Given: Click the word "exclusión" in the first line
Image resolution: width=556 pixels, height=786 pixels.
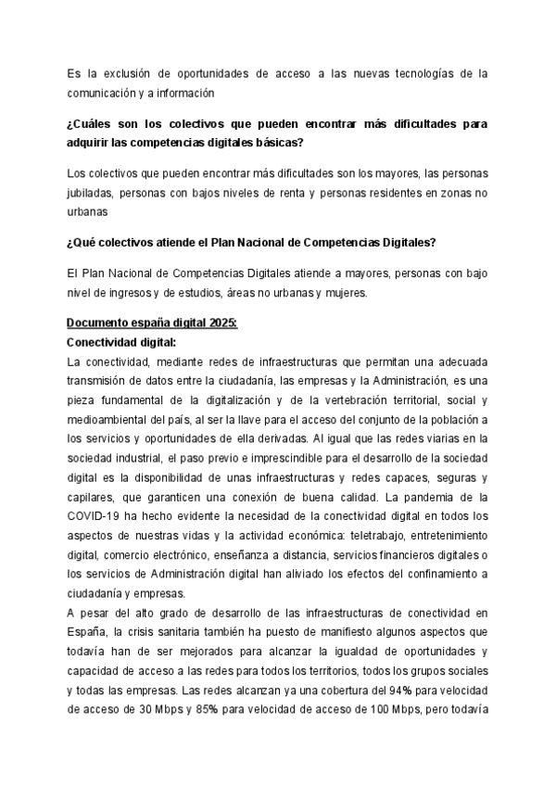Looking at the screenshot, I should [129, 72].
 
